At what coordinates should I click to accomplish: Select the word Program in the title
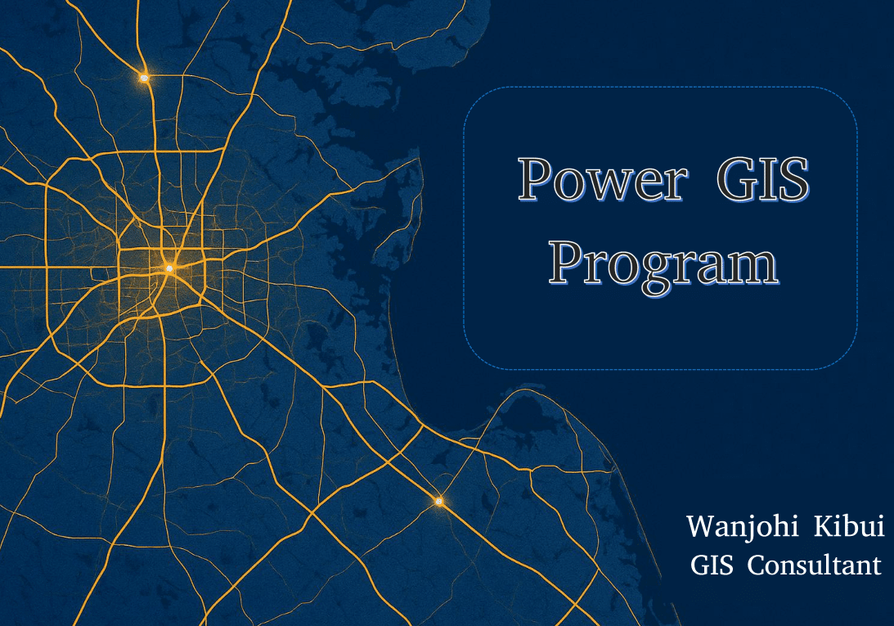click(663, 265)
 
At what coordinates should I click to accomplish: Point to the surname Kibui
click(849, 525)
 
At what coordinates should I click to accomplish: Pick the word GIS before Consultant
click(712, 565)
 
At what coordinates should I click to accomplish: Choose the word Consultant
click(814, 565)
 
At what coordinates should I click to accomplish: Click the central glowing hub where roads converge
click(168, 268)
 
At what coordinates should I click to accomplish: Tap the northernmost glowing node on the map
click(144, 78)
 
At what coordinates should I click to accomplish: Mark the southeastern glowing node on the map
click(438, 502)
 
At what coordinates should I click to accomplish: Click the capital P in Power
click(536, 179)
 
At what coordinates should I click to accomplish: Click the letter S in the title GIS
click(794, 179)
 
